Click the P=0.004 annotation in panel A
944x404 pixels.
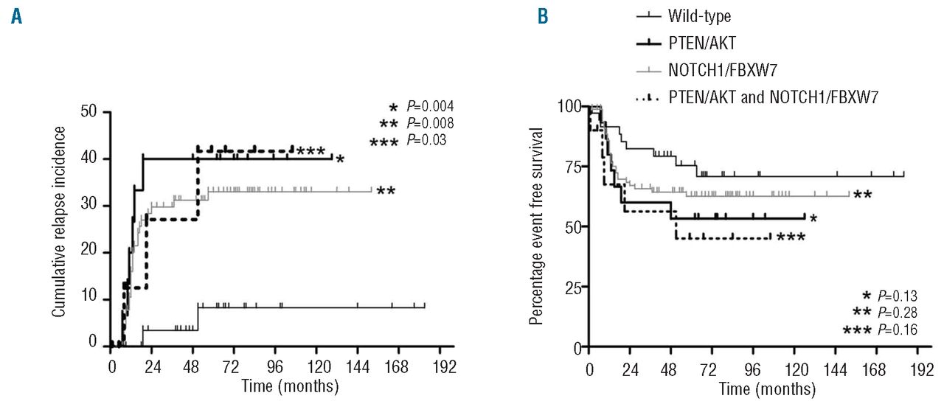(430, 107)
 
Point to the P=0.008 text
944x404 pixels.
(430, 122)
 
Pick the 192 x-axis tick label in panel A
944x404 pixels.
(445, 366)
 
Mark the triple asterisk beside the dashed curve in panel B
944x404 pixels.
(790, 238)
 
